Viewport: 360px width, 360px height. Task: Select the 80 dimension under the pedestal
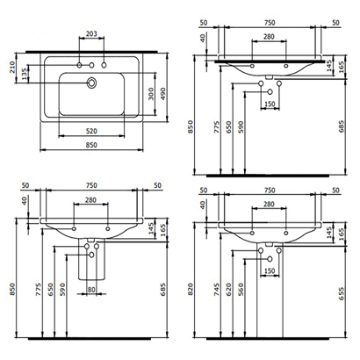[91, 287]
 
